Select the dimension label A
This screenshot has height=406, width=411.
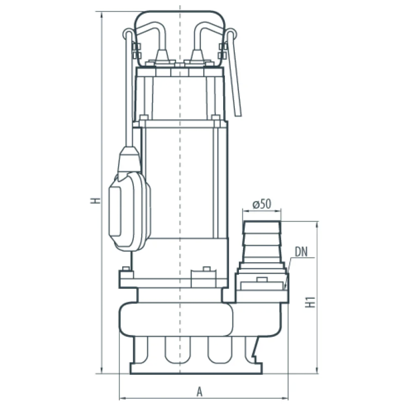point(200,391)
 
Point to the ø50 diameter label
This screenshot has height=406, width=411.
point(262,204)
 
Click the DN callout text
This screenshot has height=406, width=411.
point(301,252)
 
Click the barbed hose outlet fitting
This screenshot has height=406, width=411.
point(262,242)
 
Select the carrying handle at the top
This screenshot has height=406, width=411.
point(180,37)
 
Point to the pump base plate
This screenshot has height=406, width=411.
point(196,368)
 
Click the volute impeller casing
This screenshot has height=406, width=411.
point(176,319)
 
